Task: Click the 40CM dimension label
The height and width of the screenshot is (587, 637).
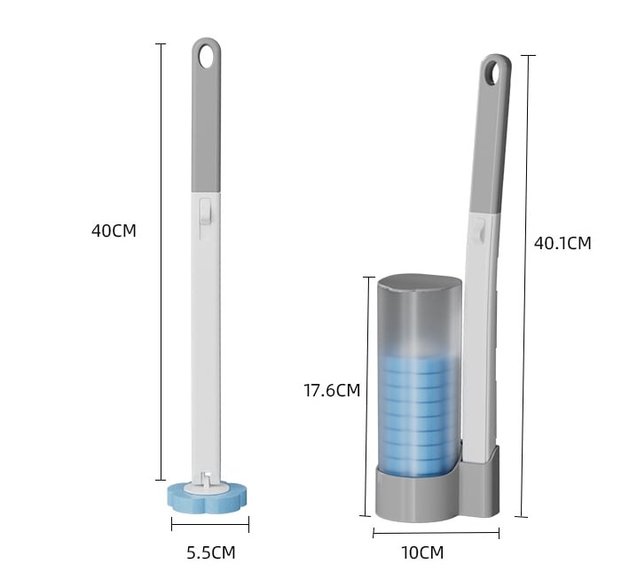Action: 114,231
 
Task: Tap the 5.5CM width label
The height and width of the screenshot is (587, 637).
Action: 211,553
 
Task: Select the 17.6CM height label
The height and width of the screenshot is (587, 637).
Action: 332,390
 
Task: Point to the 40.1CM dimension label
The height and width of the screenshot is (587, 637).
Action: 562,243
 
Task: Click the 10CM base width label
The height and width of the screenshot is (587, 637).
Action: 422,553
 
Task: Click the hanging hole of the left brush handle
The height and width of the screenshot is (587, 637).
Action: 207,56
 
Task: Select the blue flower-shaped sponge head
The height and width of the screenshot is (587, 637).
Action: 208,495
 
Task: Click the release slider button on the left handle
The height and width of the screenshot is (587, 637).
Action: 206,210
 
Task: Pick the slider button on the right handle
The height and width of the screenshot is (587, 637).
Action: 480,231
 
